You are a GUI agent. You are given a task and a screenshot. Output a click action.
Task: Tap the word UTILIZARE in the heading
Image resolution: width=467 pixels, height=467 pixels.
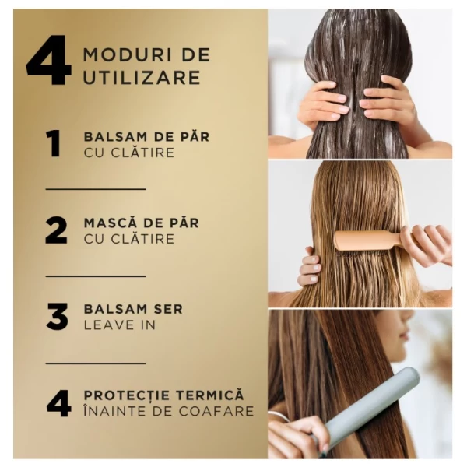(142, 77)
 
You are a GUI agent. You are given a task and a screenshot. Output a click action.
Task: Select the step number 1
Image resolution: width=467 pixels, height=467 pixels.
(53, 143)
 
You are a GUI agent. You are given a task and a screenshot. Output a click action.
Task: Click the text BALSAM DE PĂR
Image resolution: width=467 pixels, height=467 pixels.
(146, 136)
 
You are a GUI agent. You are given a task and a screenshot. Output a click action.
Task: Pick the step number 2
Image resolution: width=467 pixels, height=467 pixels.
(56, 230)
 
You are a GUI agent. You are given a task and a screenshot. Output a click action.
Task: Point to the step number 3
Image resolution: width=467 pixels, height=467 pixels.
(57, 316)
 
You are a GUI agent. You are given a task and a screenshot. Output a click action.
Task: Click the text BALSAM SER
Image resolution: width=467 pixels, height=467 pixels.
(133, 308)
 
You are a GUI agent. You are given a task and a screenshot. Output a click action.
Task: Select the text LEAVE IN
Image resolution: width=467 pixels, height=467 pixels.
(119, 324)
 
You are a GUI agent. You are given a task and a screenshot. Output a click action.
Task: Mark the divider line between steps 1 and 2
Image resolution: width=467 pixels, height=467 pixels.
(96, 189)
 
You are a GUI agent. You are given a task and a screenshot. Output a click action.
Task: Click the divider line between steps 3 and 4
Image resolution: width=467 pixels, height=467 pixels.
(96, 363)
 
